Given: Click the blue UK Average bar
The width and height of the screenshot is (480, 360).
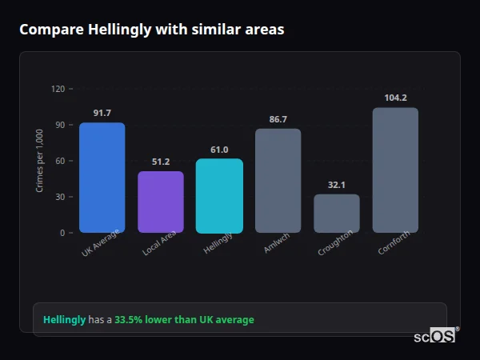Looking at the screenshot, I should (x=102, y=178).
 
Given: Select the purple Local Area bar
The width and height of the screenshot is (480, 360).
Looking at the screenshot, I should (x=161, y=202).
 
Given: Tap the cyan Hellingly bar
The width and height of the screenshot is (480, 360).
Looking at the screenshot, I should (x=219, y=196).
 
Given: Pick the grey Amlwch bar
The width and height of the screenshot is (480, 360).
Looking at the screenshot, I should (x=278, y=181).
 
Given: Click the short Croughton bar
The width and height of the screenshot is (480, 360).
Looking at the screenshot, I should (x=336, y=214).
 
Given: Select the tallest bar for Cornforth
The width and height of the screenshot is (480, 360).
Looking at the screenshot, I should (x=395, y=170).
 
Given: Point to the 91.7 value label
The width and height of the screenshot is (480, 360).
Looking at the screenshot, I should (x=102, y=113).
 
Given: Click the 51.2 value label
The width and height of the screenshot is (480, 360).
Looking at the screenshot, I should (x=161, y=162).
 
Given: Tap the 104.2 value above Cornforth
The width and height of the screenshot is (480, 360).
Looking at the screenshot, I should (x=395, y=98).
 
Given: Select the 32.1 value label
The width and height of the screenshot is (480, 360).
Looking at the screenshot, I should (x=336, y=185).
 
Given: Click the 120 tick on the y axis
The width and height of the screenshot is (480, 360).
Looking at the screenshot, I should (x=58, y=89).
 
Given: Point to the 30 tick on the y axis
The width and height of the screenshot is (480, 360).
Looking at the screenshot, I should (x=60, y=197).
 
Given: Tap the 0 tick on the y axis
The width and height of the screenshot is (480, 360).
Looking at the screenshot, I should (x=62, y=233).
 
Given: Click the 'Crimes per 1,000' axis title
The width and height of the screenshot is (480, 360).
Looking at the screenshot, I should (x=40, y=161).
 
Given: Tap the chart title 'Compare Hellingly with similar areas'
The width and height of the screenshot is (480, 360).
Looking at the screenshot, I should (x=151, y=30).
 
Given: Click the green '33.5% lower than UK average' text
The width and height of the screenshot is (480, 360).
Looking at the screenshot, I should (x=184, y=320).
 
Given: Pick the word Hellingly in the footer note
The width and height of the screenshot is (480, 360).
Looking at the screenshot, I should (x=64, y=320).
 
